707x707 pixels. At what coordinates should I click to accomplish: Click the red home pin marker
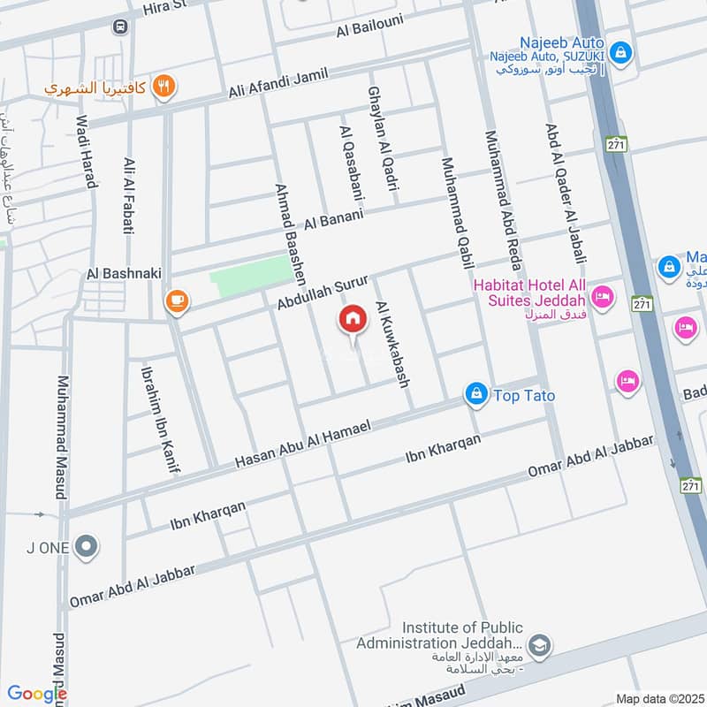pyautogui.click(x=353, y=321)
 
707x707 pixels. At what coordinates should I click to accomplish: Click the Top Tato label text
pyautogui.click(x=525, y=395)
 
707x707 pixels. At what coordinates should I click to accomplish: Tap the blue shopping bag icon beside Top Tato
pyautogui.click(x=476, y=394)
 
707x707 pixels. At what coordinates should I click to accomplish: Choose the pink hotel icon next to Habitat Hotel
pyautogui.click(x=603, y=297)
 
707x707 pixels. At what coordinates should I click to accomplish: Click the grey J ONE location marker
pyautogui.click(x=86, y=548)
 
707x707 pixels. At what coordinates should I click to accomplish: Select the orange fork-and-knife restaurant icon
pyautogui.click(x=163, y=86)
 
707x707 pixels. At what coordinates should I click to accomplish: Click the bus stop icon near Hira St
pyautogui.click(x=119, y=27)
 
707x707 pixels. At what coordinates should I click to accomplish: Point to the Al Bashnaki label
pyautogui.click(x=124, y=274)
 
